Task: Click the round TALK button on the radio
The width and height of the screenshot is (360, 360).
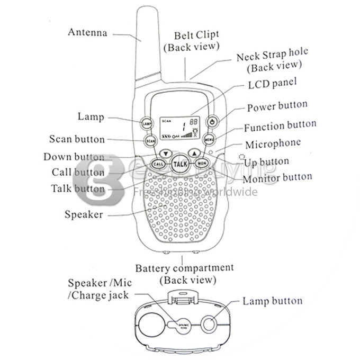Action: coord(180,164)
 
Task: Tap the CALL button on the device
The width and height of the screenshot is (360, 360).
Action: coord(158,164)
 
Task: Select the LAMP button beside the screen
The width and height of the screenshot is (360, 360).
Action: coord(147,123)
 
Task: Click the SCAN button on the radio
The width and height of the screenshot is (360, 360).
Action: coord(150,141)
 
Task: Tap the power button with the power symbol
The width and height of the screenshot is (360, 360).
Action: coord(212,122)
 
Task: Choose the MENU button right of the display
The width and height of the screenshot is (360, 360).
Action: coord(209,140)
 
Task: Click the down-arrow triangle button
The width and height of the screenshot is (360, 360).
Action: coord(166,154)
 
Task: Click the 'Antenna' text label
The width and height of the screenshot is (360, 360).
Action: coord(87,32)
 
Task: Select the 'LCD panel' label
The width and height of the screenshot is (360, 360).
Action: coord(272,84)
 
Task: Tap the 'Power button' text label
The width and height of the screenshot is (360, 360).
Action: coord(277,107)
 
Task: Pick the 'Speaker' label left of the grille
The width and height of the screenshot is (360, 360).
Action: coord(84,214)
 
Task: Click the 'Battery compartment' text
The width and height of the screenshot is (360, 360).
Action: coord(184,268)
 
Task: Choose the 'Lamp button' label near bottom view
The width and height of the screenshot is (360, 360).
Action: coord(272,301)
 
